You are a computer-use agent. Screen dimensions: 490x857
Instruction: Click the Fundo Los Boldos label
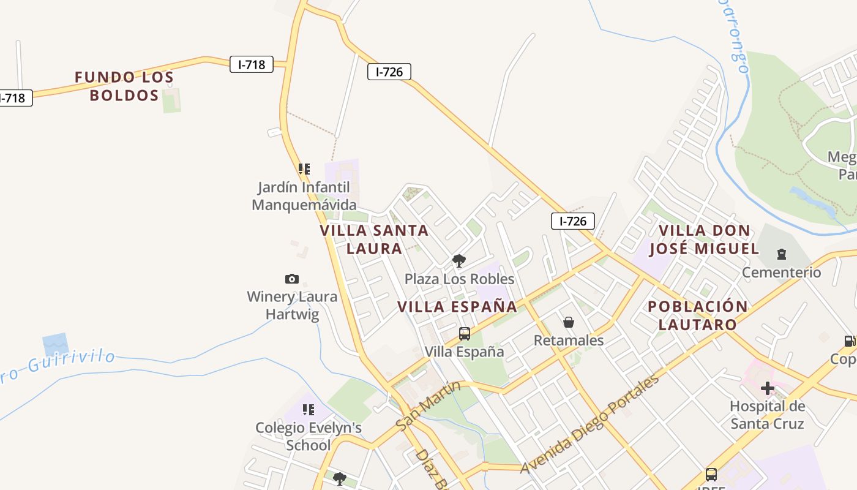coord(124,86)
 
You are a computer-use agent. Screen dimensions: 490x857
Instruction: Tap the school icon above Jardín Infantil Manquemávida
coord(304,168)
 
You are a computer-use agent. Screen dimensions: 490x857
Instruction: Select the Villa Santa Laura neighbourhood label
coord(374,239)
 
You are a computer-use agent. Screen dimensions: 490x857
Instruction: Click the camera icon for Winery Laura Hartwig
coord(292,279)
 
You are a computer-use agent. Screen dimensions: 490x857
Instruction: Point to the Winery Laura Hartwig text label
coord(292,306)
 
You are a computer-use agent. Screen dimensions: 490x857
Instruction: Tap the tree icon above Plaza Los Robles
coord(458,262)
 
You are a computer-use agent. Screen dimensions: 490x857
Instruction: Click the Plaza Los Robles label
coord(459,279)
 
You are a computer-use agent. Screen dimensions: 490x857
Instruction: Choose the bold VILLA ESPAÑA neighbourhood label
coord(457,307)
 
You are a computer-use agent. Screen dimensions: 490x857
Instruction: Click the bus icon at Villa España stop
coord(465,334)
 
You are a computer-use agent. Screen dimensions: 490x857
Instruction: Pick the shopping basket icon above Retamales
coord(569,322)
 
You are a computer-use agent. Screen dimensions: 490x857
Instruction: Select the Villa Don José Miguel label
coord(704,239)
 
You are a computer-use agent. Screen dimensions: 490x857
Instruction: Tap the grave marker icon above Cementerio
coord(781,254)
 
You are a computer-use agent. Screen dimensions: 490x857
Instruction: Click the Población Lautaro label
coord(698,315)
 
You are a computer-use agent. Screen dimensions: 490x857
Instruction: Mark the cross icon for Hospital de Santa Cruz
coord(767,388)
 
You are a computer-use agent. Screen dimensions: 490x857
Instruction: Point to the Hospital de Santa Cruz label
coord(767,415)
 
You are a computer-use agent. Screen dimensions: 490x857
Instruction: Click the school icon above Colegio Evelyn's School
coord(309,409)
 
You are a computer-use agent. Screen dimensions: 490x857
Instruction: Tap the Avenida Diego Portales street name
coord(590,424)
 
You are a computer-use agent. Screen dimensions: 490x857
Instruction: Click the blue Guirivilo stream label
coord(58,363)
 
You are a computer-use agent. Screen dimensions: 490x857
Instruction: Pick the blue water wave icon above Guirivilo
coord(56,345)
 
